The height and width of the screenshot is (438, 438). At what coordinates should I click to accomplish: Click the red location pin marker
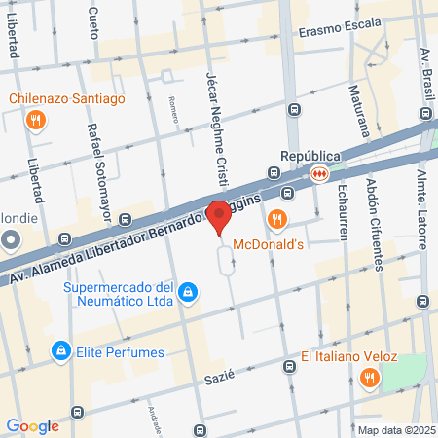(x=220, y=215)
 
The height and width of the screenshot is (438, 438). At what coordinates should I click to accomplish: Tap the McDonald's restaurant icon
(x=278, y=219)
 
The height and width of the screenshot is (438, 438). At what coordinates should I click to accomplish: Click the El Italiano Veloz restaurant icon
(x=369, y=378)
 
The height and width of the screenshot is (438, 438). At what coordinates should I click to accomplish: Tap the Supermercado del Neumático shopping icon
(x=190, y=292)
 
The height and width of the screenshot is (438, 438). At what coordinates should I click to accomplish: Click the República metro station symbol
(x=319, y=173)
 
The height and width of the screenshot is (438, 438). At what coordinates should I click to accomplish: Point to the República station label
(x=310, y=155)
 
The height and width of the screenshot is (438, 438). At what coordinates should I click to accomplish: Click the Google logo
(x=32, y=425)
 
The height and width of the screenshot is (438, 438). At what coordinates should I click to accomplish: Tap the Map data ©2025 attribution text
(x=395, y=430)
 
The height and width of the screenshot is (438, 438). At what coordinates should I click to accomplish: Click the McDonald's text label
(x=293, y=243)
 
